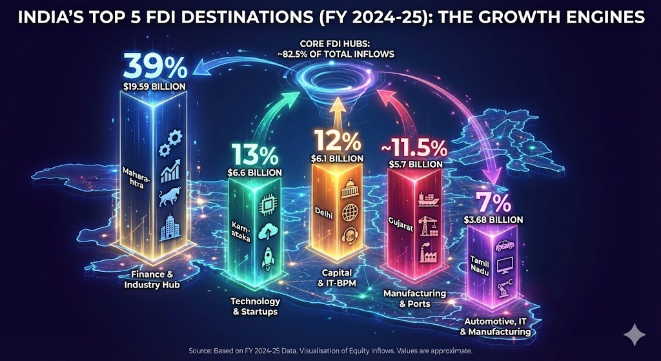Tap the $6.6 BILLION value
(x=254, y=172)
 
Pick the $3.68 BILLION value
(x=493, y=220)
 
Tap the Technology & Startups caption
(x=256, y=306)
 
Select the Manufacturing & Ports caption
(x=414, y=298)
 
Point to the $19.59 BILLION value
(x=156, y=85)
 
